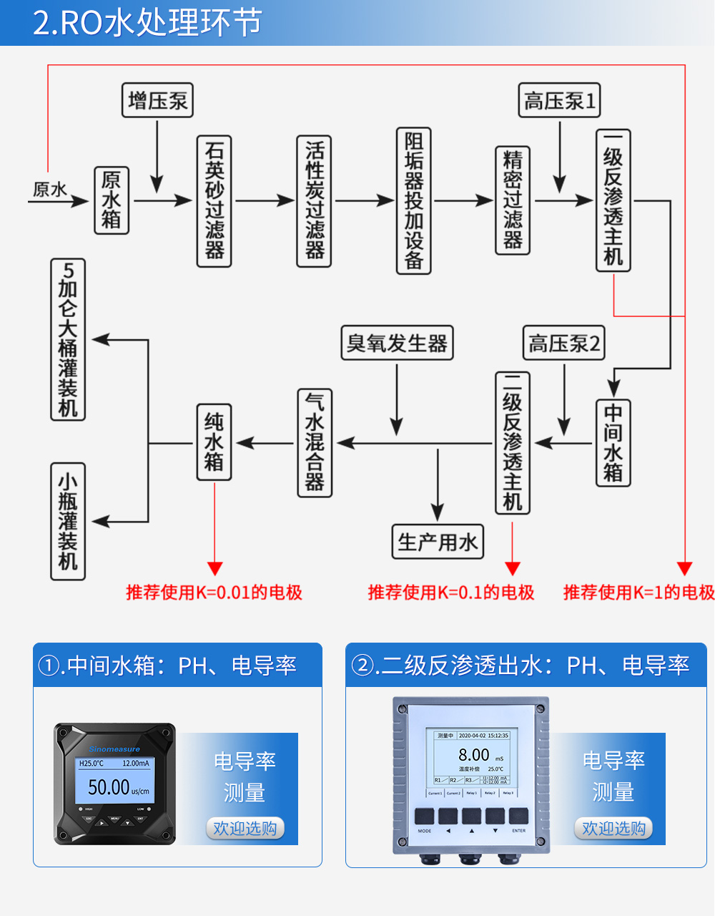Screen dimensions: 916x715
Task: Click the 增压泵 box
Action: [158, 100]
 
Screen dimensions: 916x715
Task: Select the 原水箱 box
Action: [112, 200]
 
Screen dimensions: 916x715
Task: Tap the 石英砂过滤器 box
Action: [214, 201]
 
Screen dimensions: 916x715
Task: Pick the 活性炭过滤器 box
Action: [315, 201]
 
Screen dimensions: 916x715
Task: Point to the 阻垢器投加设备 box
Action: [414, 201]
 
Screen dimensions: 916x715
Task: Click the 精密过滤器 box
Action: [513, 200]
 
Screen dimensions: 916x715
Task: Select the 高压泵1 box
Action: [559, 100]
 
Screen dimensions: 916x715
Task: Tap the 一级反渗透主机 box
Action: [613, 200]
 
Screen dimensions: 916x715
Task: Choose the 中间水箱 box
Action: [613, 443]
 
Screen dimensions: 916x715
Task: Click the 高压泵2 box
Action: [564, 343]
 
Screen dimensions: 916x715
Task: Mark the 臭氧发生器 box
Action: [397, 343]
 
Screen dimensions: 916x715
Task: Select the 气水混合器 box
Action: [315, 443]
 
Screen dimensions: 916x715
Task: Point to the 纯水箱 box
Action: [214, 442]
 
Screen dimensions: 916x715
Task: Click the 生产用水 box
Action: [438, 542]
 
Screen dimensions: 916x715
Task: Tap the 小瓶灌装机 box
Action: [68, 521]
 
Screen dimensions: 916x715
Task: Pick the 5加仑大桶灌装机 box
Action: [68, 339]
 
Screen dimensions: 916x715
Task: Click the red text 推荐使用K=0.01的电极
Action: [214, 593]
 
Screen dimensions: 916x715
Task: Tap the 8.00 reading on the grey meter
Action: [473, 755]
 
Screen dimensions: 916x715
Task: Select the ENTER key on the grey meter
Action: [518, 817]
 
